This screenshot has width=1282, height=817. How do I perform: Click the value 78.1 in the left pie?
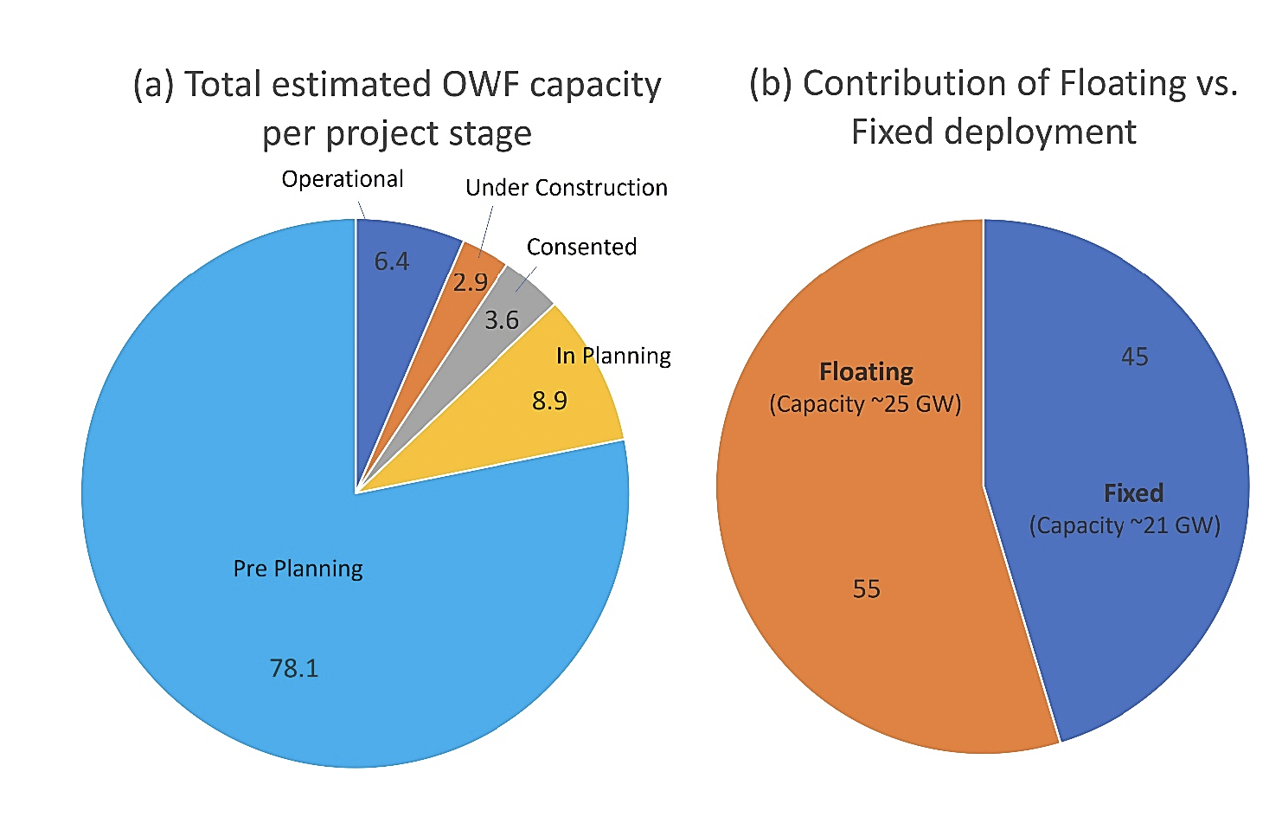tap(294, 668)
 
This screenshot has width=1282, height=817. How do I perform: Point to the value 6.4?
tap(391, 261)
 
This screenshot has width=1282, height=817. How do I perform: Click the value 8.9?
tap(549, 401)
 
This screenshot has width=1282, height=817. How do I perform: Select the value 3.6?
tap(501, 320)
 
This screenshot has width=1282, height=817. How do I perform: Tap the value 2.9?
tap(470, 282)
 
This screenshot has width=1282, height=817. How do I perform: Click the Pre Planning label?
tap(298, 569)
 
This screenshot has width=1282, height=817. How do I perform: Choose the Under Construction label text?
tap(566, 188)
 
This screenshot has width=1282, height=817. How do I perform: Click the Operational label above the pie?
tap(343, 179)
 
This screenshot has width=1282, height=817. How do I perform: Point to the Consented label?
tap(581, 247)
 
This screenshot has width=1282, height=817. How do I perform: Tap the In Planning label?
tap(613, 356)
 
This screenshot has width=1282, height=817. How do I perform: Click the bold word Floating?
tap(866, 372)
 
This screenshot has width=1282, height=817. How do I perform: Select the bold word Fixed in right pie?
tap(1133, 493)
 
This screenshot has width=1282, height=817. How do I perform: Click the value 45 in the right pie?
tap(1134, 357)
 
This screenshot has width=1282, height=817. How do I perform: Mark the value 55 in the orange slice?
tap(866, 589)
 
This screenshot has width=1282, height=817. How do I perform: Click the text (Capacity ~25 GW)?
tap(865, 404)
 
